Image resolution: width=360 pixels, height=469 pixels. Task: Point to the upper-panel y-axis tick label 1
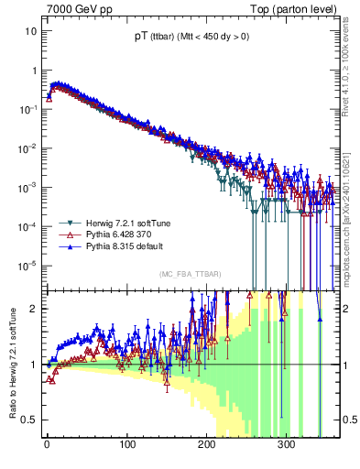coord(33,71)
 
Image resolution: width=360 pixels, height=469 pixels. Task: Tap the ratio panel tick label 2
coord(33,309)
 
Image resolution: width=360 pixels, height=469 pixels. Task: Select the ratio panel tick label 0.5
coord(29,420)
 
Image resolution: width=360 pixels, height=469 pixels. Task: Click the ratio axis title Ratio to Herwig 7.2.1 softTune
coord(11,363)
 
